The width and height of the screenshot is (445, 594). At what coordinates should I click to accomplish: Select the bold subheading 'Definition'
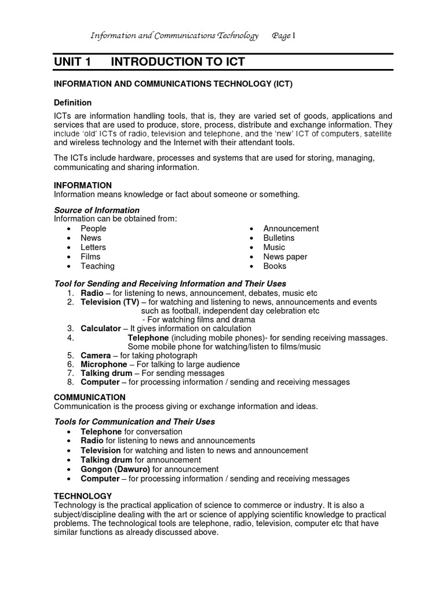(72, 103)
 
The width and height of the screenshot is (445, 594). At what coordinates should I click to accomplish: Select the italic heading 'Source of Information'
(97, 210)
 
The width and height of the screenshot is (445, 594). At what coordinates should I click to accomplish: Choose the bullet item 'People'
(93, 229)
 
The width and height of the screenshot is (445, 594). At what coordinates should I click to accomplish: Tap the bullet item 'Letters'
(93, 247)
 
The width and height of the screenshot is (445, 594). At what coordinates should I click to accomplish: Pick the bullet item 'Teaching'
(97, 266)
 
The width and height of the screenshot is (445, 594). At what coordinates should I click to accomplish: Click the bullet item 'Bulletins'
(279, 238)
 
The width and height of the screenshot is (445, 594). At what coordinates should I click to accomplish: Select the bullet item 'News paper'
(285, 256)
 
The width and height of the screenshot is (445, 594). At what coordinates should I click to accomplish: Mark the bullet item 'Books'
(275, 266)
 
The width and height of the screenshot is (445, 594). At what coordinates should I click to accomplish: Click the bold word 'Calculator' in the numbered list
(101, 328)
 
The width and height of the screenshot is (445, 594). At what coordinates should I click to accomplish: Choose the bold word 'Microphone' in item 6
(104, 364)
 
